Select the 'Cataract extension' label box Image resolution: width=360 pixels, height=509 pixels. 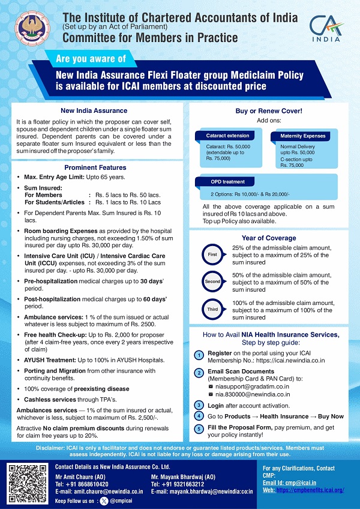(219, 136)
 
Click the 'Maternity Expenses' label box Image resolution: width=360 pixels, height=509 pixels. (302, 136)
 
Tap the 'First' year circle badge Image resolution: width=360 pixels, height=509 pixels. (212, 254)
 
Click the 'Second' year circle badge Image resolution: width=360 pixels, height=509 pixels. (212, 280)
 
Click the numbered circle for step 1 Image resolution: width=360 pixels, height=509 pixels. (199, 355)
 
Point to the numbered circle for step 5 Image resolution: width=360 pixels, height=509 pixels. (199, 429)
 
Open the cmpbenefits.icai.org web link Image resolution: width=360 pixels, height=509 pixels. (310, 490)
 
